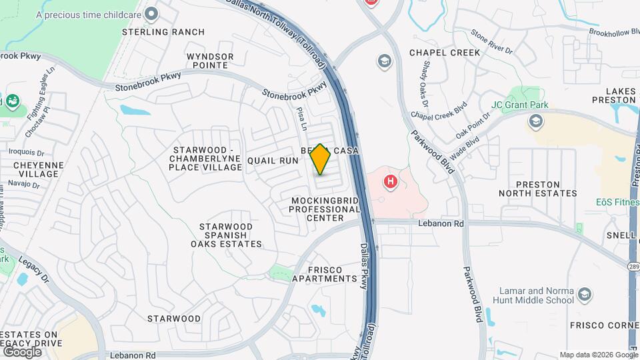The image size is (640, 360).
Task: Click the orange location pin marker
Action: [320, 159]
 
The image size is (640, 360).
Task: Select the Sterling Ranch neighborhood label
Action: [153, 31]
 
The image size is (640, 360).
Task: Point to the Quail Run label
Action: [272, 161]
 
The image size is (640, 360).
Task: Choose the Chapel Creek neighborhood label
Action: [445, 52]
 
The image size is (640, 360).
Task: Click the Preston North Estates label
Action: [538, 188]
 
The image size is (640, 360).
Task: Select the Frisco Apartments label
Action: [325, 273]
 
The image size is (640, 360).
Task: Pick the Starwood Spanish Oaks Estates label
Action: [226, 235]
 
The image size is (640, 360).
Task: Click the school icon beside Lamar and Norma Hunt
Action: [585, 295]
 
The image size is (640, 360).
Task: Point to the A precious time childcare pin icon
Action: [152, 13]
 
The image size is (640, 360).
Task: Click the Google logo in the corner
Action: [22, 351]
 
